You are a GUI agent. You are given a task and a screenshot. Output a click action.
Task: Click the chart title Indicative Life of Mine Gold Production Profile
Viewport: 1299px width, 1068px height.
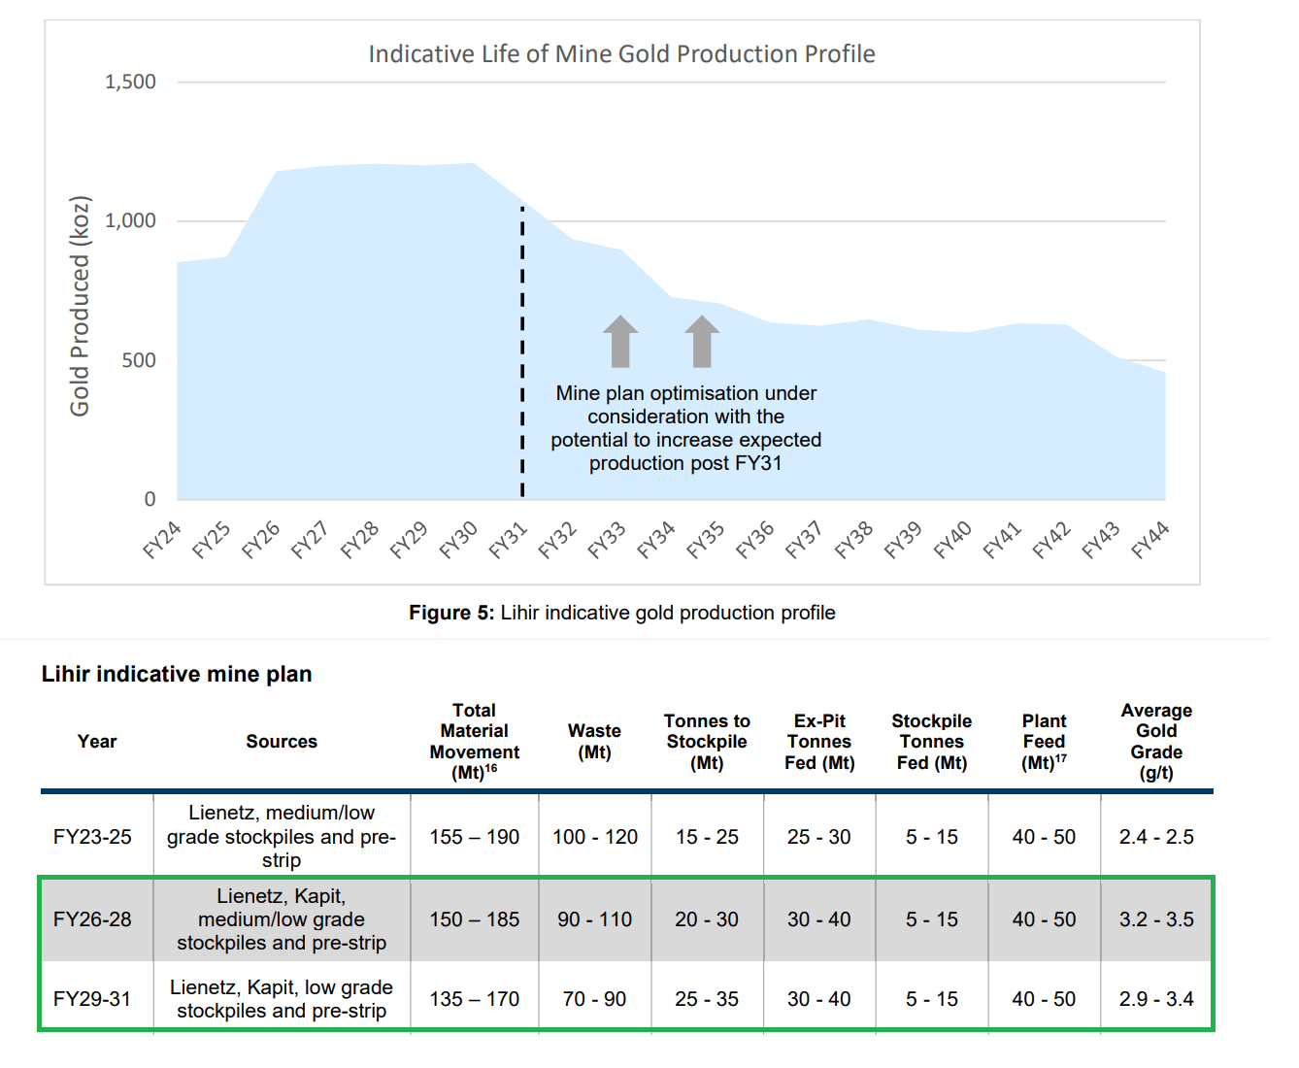621,54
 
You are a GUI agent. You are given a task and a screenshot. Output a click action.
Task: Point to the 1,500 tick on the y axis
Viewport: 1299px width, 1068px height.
130,83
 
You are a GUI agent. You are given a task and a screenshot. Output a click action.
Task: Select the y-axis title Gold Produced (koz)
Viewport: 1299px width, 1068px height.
80,307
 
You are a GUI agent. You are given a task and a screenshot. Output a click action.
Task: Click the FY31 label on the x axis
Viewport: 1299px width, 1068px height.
508,541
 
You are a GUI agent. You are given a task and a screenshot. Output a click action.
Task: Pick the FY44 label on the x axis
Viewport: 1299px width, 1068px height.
1150,541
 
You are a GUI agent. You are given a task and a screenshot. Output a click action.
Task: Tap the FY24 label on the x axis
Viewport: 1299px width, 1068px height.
162,541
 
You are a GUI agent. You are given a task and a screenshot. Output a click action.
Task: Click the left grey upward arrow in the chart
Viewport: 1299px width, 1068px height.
620,341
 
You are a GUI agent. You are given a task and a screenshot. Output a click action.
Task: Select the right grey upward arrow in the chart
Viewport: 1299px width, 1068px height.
702,341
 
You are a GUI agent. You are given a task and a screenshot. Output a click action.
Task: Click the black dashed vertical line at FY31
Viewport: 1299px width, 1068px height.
522,350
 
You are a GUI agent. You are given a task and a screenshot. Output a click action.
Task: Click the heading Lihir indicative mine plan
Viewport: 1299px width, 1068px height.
177,675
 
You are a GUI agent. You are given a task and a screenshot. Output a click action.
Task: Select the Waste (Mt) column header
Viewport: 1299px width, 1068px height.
594,742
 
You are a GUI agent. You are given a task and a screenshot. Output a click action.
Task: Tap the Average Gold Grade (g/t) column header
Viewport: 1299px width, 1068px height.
1156,742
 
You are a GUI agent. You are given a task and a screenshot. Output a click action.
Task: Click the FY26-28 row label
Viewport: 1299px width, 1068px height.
92,919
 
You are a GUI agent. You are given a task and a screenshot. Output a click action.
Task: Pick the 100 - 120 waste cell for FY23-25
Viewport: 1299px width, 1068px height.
594,837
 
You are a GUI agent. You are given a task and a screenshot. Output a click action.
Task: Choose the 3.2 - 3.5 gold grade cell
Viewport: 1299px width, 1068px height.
1156,919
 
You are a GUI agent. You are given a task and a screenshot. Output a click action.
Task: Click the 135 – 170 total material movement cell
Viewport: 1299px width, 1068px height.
474,999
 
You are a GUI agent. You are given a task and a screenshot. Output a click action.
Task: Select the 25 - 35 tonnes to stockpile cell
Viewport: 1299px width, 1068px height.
707,999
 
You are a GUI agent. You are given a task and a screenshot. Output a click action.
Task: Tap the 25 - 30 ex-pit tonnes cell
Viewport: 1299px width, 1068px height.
819,837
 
